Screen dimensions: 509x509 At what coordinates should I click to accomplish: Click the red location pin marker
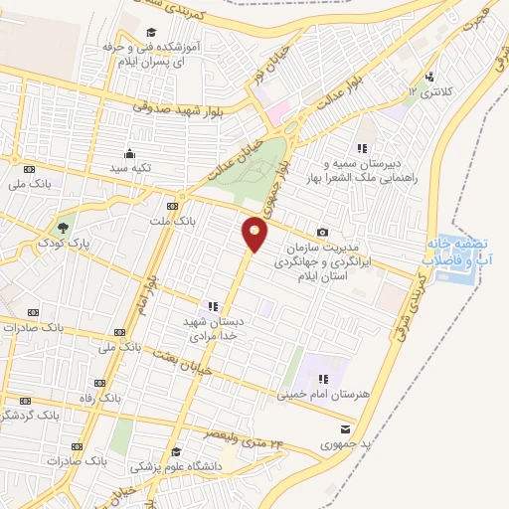255,235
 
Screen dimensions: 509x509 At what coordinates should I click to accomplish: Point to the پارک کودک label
59,243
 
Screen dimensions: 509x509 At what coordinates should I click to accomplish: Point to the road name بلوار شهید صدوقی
188,107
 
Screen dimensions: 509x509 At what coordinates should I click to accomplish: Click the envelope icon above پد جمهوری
344,427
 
